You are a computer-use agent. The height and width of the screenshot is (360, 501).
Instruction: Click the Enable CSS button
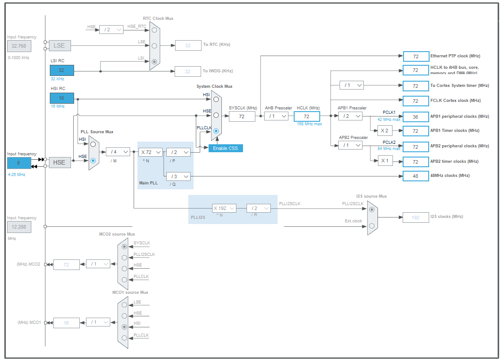225,148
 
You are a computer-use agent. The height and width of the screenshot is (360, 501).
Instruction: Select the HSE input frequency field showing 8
19,163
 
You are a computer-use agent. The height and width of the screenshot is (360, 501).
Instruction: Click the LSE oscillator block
59,45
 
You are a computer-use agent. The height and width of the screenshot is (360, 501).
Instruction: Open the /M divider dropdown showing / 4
118,152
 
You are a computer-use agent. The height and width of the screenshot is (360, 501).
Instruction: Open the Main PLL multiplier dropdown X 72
150,152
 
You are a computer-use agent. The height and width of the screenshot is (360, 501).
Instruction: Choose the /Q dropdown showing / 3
178,176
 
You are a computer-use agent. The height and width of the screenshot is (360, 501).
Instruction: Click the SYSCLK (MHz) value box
242,116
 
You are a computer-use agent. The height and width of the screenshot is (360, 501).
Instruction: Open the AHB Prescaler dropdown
276,116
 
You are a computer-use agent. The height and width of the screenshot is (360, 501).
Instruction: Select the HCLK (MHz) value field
307,116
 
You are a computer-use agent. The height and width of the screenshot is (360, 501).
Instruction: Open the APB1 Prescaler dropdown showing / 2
350,116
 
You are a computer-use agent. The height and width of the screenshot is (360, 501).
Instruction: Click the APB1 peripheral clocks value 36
415,116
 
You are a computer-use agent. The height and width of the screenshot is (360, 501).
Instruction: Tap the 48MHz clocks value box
415,176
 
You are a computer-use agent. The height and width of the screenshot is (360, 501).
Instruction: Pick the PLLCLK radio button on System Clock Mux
216,131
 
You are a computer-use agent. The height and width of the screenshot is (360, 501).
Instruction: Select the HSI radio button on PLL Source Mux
93,144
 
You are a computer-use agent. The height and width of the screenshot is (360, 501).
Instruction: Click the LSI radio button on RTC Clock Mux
154,62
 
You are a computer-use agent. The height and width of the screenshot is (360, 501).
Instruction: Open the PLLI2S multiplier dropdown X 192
224,208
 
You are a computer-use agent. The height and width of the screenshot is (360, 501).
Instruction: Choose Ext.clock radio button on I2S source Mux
372,226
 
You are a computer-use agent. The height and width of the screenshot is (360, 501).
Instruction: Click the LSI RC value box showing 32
62,70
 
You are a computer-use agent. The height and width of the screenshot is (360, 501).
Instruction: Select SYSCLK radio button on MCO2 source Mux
124,247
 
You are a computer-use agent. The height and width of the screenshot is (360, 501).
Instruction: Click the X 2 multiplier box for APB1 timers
384,131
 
